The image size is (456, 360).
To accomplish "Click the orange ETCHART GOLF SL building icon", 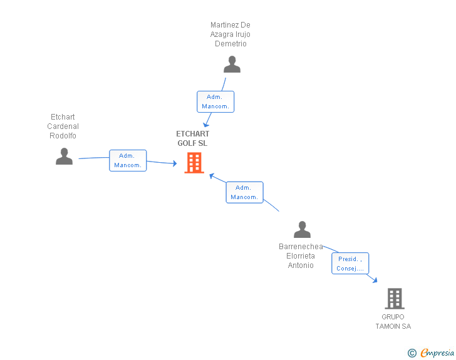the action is click(194, 163).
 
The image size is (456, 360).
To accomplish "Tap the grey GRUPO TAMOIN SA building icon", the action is click(395, 299).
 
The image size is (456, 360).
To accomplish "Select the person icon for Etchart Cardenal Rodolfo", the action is click(64, 157).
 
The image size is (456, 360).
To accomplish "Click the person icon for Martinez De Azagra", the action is click(232, 64).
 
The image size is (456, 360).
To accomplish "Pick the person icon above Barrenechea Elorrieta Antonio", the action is click(302, 229).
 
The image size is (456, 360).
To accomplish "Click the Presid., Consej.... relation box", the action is click(350, 264).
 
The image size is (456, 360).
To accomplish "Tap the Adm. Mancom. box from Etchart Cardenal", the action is click(128, 160).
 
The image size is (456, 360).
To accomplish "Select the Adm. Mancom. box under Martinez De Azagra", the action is click(215, 102).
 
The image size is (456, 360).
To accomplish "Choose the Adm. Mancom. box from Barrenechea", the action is click(244, 192).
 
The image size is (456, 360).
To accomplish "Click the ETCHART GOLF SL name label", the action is click(192, 138).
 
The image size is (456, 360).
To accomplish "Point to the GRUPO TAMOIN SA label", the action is click(393, 322).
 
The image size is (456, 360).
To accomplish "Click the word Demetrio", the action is click(231, 44).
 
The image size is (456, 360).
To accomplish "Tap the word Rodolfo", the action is click(63, 136).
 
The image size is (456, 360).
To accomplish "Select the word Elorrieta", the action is click(301, 256).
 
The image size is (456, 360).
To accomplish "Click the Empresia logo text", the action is click(437, 353).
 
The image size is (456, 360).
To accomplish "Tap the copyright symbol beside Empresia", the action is click(412, 353).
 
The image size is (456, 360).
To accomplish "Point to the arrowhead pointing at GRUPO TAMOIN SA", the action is click(375, 280).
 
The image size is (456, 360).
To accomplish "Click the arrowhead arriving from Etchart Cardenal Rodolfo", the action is click(175, 163).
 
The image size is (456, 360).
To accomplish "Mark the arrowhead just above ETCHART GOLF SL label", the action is click(206, 125).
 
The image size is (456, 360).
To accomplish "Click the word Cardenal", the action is click(63, 126).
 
